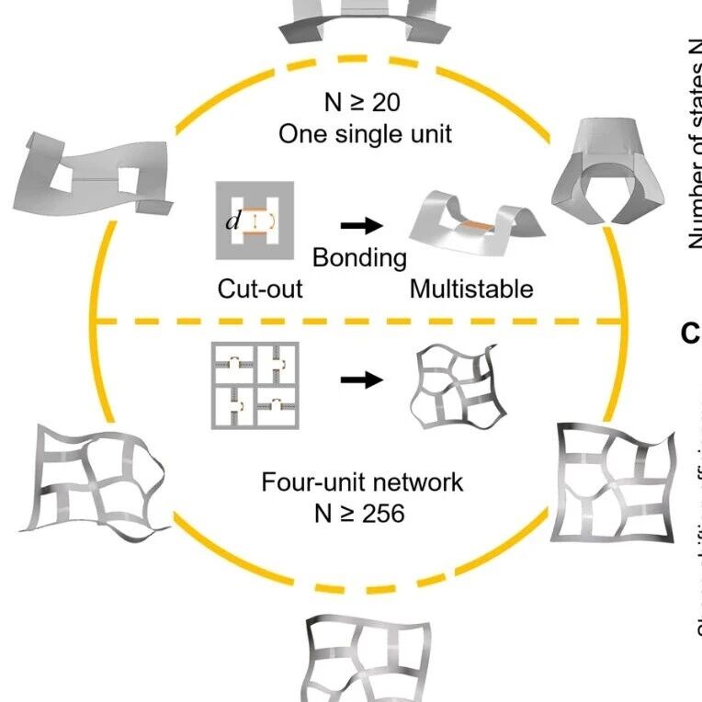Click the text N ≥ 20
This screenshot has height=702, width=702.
coord(364,101)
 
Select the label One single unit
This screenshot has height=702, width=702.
coord(365,133)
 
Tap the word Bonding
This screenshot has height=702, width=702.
coord(359,257)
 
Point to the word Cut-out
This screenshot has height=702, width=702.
coord(260,289)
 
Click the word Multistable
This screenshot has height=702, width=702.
coord(470,289)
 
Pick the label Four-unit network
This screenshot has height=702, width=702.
coord(362,481)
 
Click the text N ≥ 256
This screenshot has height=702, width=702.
coord(358,512)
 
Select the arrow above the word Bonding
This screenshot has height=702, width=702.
coord(361,225)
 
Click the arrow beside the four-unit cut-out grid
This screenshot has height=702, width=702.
coord(361,379)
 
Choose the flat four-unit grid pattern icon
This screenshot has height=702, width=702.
coord(254,384)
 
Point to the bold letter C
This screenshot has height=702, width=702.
coord(690,334)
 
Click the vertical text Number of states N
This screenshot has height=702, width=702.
coord(693,147)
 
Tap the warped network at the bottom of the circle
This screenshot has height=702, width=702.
coord(365,657)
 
